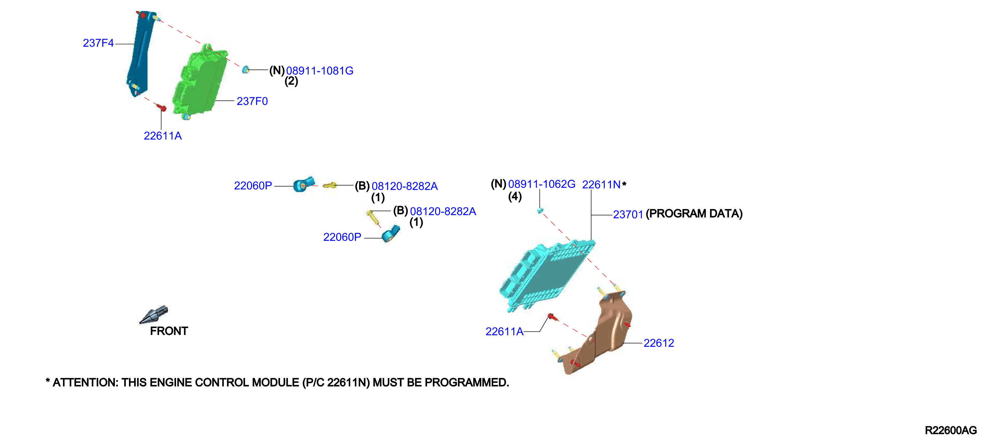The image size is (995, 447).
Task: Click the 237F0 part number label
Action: tap(252, 101)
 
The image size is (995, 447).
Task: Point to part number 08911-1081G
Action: tap(320, 71)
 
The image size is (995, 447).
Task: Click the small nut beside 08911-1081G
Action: tap(245, 70)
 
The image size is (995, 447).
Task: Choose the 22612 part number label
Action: tap(659, 343)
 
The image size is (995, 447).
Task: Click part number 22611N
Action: tap(601, 185)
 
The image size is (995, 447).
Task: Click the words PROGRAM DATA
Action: tap(694, 214)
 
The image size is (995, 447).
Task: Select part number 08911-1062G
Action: tap(542, 184)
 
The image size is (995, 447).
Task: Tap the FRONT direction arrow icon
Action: tap(154, 314)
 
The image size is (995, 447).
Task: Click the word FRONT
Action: tap(169, 331)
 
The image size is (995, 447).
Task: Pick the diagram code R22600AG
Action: tap(951, 430)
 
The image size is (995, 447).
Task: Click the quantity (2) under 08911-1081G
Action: tap(291, 81)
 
